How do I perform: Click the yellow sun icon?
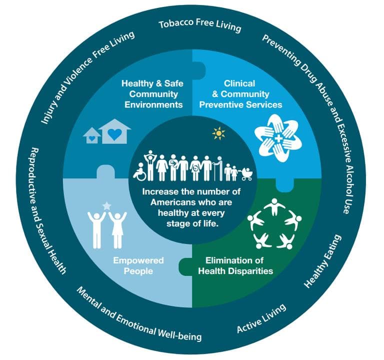[x=218, y=134]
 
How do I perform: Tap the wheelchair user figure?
[x=138, y=172]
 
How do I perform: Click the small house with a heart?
[x=91, y=135]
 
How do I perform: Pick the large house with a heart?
[x=114, y=131]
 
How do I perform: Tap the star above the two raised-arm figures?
[x=106, y=205]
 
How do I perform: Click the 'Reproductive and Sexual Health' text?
[x=47, y=210]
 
